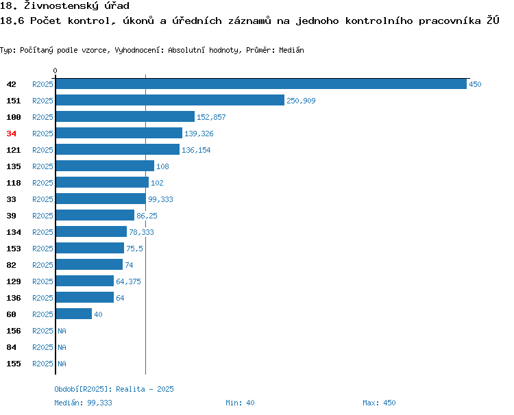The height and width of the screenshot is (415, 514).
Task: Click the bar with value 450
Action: pyautogui.click(x=261, y=84)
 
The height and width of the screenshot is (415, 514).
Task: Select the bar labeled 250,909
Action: pyautogui.click(x=170, y=100)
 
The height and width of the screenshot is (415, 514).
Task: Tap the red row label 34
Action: pyautogui.click(x=11, y=134)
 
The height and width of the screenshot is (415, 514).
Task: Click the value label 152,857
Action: pyautogui.click(x=211, y=117)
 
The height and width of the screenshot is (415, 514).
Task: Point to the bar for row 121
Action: pyautogui.click(x=118, y=149)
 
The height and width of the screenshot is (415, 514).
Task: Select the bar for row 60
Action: pyautogui.click(x=74, y=314)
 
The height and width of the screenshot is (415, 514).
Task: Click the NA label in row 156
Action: pyautogui.click(x=62, y=331)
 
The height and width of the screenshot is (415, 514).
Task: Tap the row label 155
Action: pyautogui.click(x=14, y=364)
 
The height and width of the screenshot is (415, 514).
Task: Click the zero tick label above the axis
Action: pyautogui.click(x=55, y=71)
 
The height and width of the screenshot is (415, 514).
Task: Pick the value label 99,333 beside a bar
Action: pyautogui.click(x=160, y=199)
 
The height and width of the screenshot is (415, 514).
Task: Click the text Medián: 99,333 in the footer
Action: pyautogui.click(x=83, y=403)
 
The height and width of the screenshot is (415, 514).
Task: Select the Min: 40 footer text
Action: pyautogui.click(x=240, y=403)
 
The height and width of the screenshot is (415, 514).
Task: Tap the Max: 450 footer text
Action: pyautogui.click(x=379, y=403)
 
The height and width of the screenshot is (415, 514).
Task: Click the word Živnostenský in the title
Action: pyautogui.click(x=61, y=5)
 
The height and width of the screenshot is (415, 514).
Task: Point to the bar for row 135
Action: pyautogui.click(x=105, y=166)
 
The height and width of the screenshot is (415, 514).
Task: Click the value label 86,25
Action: pyautogui.click(x=147, y=216)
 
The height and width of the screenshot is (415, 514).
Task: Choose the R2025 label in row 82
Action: pyautogui.click(x=42, y=265)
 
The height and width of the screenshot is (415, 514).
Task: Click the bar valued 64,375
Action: pyautogui.click(x=85, y=281)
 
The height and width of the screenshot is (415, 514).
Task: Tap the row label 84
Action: pyautogui.click(x=11, y=347)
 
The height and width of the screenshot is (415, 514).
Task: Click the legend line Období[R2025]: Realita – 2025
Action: pyautogui.click(x=114, y=389)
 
